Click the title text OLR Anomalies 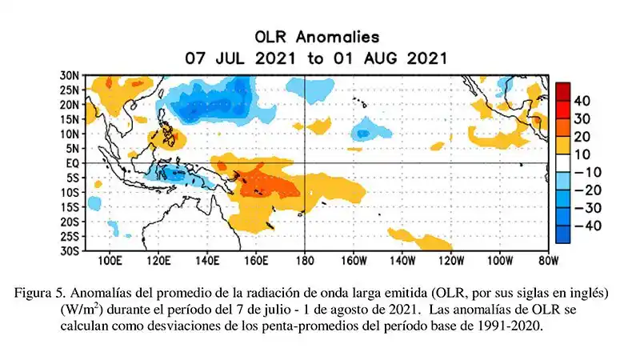(x=317, y=37)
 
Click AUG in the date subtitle (x=386, y=58)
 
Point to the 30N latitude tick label (x=70, y=74)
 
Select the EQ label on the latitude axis (x=71, y=162)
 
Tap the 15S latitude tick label (x=70, y=206)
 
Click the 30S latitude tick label (x=70, y=250)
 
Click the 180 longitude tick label (x=304, y=261)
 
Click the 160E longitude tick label (x=255, y=261)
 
